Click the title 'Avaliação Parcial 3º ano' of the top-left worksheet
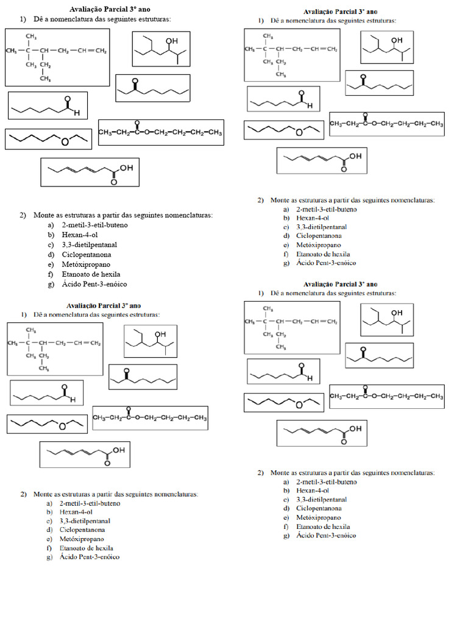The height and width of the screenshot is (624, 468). [x=110, y=9]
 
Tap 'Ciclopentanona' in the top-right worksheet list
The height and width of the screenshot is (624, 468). [x=319, y=236]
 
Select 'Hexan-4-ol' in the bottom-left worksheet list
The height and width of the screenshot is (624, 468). [x=76, y=512]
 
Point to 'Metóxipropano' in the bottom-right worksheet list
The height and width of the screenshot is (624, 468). [x=319, y=517]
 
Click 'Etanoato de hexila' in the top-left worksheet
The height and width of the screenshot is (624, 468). [x=91, y=274]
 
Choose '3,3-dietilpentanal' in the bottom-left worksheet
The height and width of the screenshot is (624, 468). [x=85, y=522]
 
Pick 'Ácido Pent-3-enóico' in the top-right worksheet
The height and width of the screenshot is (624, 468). [x=326, y=263]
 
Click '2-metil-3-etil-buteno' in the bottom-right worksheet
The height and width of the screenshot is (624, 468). [x=326, y=481]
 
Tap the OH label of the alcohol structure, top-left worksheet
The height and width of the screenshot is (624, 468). [x=172, y=41]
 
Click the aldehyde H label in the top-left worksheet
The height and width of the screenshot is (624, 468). [x=77, y=113]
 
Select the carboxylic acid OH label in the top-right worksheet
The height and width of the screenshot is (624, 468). [x=355, y=157]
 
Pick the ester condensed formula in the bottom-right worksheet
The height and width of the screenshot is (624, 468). [x=386, y=396]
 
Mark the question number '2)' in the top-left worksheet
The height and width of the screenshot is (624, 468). [x=23, y=215]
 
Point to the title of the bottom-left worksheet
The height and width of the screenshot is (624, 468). [x=104, y=305]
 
